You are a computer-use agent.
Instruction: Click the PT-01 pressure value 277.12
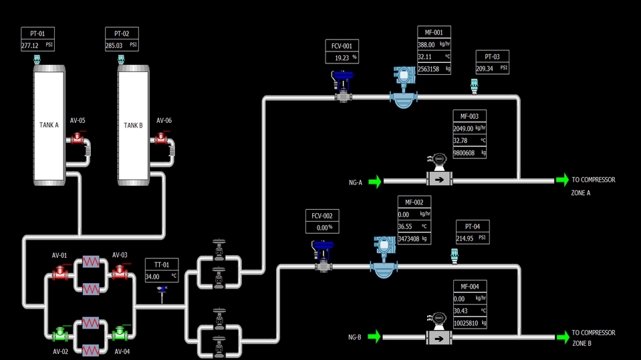(30, 46)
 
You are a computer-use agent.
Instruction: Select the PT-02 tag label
(122, 33)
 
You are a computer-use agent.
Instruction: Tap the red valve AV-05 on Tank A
(77, 139)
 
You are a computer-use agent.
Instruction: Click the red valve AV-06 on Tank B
(160, 139)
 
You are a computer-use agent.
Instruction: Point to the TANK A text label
(49, 125)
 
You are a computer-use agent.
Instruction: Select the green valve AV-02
(61, 332)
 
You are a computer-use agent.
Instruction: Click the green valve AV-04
(120, 332)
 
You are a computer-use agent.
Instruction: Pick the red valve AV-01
(61, 272)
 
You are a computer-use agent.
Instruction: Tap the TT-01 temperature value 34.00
(152, 276)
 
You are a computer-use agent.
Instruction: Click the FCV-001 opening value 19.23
(342, 58)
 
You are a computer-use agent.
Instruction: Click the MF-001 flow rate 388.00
(426, 45)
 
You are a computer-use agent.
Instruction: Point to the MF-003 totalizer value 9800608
(463, 153)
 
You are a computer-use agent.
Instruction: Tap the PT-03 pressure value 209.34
(485, 68)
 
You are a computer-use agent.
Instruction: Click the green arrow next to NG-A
(374, 181)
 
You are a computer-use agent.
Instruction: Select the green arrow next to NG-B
(374, 336)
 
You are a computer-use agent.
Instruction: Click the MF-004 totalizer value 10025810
(466, 323)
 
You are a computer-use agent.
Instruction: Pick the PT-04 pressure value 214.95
(465, 238)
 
